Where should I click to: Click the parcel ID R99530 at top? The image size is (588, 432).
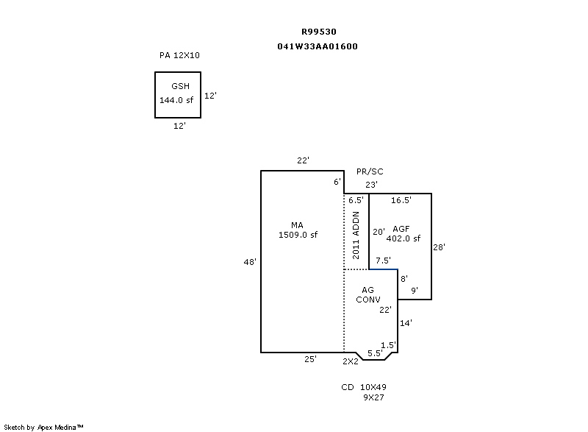[x=319, y=32]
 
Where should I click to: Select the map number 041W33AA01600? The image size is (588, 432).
[x=318, y=46]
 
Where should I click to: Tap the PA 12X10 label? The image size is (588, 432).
[x=179, y=55]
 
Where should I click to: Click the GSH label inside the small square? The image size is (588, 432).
[x=180, y=86]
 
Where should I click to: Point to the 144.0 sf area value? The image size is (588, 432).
[x=176, y=100]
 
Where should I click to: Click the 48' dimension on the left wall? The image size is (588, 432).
[x=251, y=261]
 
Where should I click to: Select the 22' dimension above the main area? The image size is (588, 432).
[x=303, y=160]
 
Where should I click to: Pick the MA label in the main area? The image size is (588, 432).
[x=297, y=225]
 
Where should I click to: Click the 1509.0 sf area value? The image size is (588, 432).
[x=298, y=235]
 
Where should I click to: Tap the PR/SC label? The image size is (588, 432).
[x=370, y=171]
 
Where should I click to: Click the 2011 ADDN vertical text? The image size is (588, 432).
[x=356, y=235]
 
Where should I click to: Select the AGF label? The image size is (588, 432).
[x=401, y=229]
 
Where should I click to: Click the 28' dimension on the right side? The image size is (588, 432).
[x=439, y=247]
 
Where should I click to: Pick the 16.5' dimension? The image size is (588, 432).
[x=401, y=200]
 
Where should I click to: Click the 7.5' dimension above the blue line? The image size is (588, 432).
[x=383, y=261]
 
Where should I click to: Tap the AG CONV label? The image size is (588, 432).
[x=367, y=295]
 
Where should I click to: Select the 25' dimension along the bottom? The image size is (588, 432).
[x=311, y=359]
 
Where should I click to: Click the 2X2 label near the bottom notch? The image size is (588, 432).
[x=350, y=361]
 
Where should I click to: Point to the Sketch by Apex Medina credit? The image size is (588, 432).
[x=44, y=426]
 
